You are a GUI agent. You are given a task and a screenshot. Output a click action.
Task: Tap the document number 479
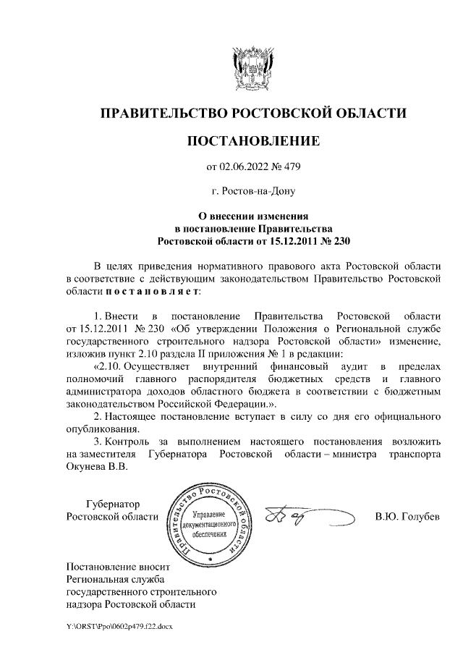coord(290,168)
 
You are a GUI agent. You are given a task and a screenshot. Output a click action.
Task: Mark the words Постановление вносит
coord(116,567)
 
